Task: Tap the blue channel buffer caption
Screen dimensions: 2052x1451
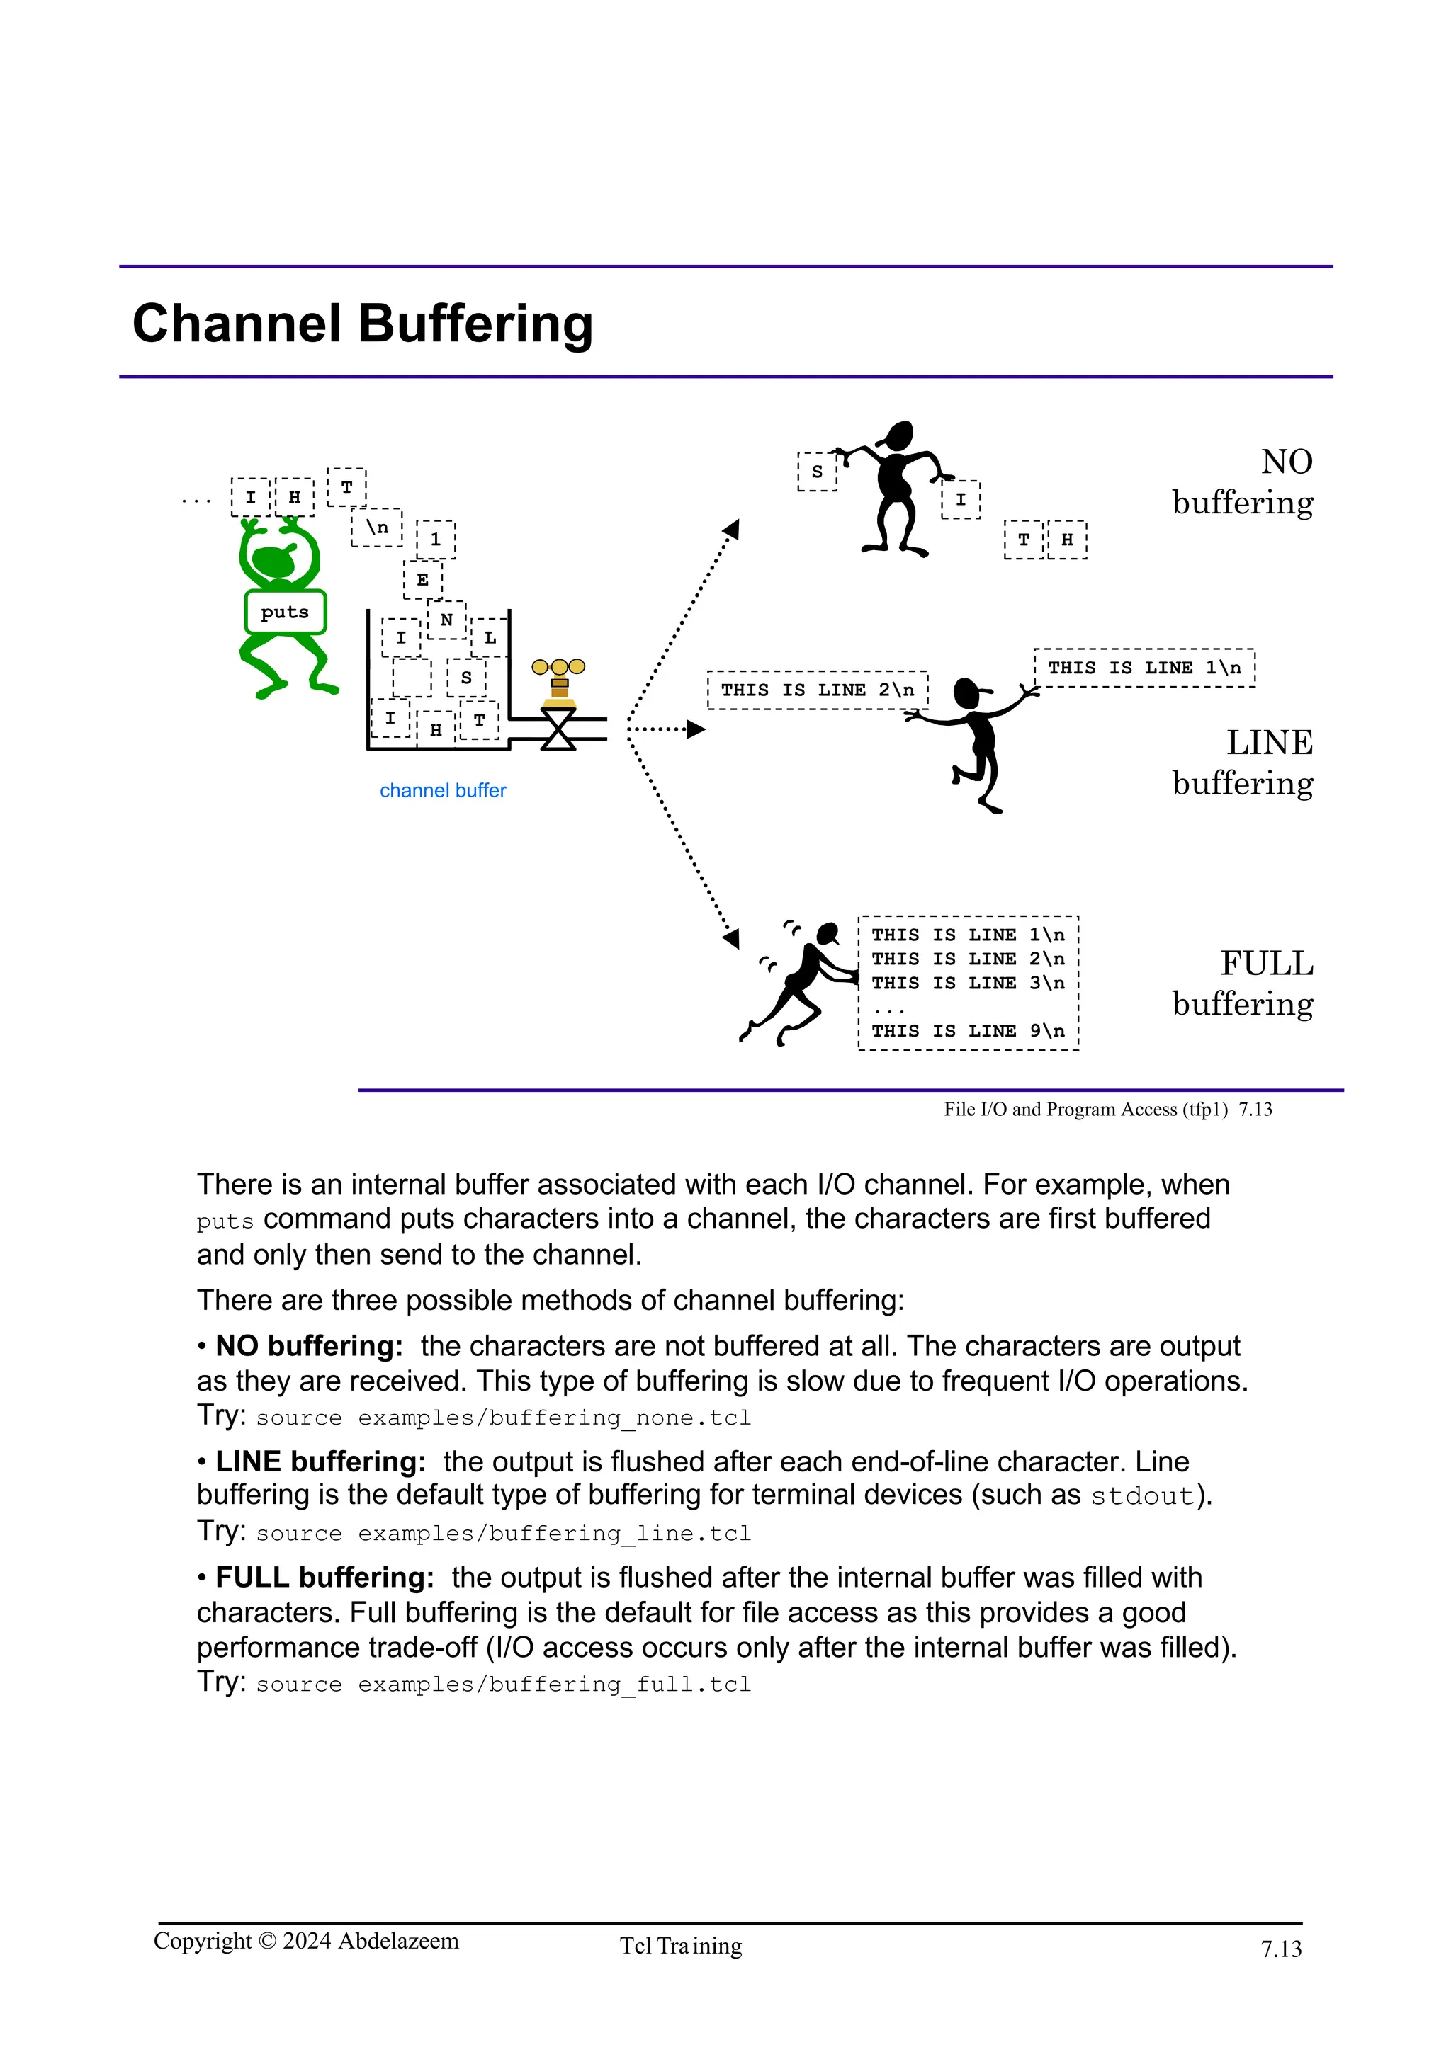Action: click(443, 790)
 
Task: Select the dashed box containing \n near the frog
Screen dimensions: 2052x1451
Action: click(376, 528)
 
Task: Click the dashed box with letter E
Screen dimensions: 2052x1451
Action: click(423, 579)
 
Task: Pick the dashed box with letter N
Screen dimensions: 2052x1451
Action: click(446, 620)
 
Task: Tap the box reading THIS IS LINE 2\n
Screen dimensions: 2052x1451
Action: click(817, 690)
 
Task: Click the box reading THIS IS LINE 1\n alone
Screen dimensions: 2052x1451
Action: click(1144, 668)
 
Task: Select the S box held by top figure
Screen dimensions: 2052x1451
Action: click(816, 471)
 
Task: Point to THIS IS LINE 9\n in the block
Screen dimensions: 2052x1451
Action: click(969, 1030)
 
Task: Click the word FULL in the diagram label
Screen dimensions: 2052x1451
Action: click(1267, 964)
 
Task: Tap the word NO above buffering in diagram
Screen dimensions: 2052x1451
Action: click(1287, 462)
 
